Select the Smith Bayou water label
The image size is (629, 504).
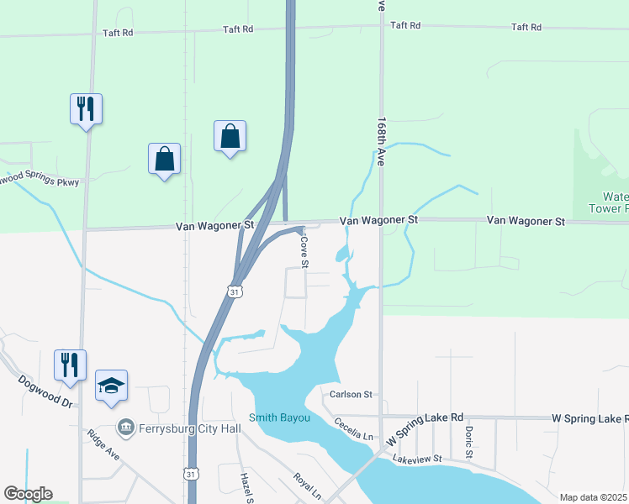pos(280,417)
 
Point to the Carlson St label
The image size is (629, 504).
pos(351,394)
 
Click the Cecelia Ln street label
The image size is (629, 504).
pos(353,429)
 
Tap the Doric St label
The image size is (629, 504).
pos(469,441)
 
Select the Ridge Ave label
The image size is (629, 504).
pos(103,445)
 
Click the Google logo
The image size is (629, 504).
pos(27,494)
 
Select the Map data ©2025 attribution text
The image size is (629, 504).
pos(593,497)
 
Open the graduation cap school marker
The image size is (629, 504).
pos(111,386)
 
